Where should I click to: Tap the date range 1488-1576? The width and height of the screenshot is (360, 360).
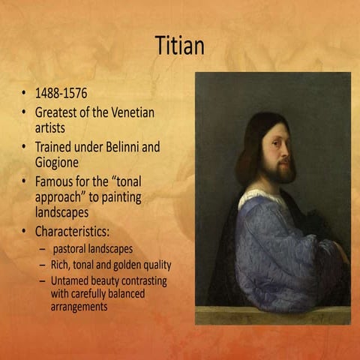coord(61,95)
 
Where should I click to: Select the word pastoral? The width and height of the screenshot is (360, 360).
coord(73,248)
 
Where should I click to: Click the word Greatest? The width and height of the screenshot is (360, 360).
coord(59,112)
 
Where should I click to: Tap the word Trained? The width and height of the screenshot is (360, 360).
coord(56,147)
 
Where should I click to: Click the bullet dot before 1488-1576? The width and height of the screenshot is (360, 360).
coord(24,96)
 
